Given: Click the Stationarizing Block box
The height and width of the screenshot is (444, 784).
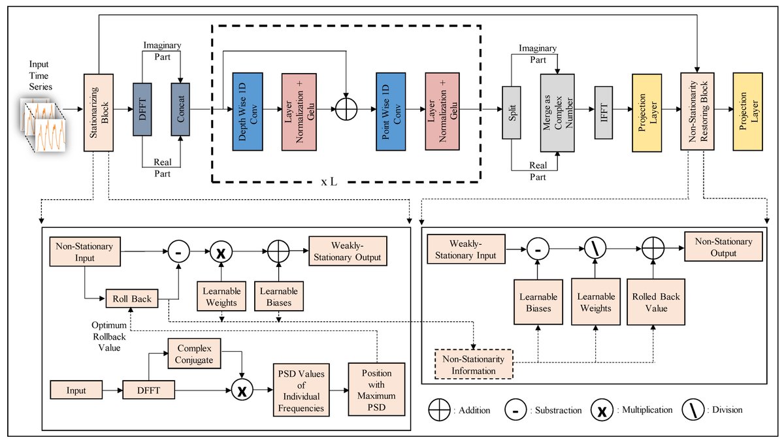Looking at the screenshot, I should point(99,112).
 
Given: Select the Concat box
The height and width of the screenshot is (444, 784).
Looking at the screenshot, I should point(180,108).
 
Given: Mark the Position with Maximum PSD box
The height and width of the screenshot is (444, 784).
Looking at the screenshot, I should point(376,390).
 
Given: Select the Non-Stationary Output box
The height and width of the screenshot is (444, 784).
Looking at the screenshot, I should point(723,247).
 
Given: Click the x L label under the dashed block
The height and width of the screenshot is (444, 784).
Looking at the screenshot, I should point(329,182).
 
